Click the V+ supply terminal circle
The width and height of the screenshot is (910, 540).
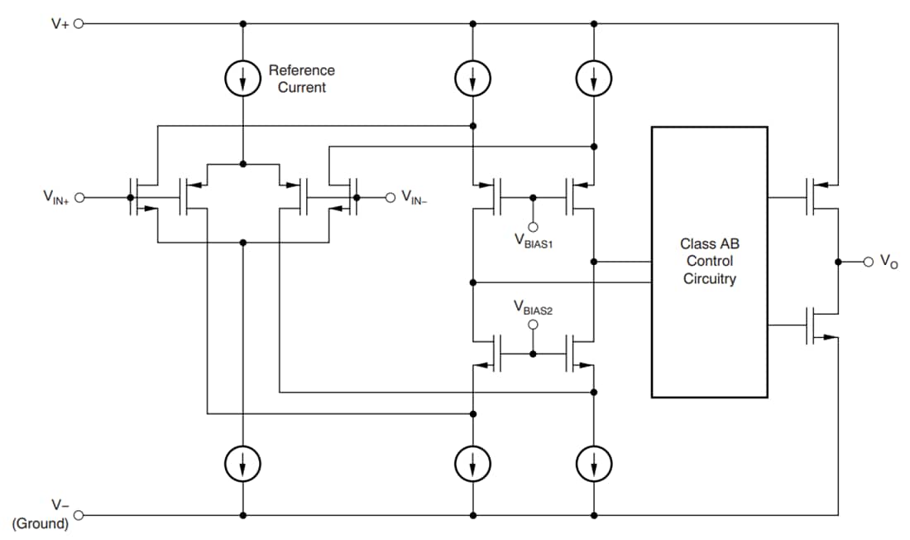pyautogui.click(x=79, y=24)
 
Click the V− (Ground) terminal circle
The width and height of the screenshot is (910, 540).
pyautogui.click(x=79, y=514)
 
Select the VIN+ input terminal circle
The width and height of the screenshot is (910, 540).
pyautogui.click(x=79, y=198)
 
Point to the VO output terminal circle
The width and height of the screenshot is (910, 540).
pyautogui.click(x=868, y=262)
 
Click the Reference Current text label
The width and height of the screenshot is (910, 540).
pyautogui.click(x=301, y=79)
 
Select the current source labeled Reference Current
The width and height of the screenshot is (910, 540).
pyautogui.click(x=242, y=79)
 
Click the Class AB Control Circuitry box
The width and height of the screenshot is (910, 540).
pyautogui.click(x=709, y=262)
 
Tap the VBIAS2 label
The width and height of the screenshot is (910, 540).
pyautogui.click(x=533, y=307)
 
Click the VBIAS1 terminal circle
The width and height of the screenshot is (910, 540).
pyautogui.click(x=533, y=227)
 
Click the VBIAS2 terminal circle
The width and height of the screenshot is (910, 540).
pyautogui.click(x=533, y=325)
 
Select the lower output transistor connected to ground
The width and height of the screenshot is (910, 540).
pyautogui.click(x=814, y=325)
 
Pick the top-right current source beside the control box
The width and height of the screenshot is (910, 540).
pyautogui.click(x=594, y=79)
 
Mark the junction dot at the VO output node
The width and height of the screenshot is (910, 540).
pyautogui.click(x=838, y=262)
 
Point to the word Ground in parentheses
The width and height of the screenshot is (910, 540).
pyautogui.click(x=41, y=523)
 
